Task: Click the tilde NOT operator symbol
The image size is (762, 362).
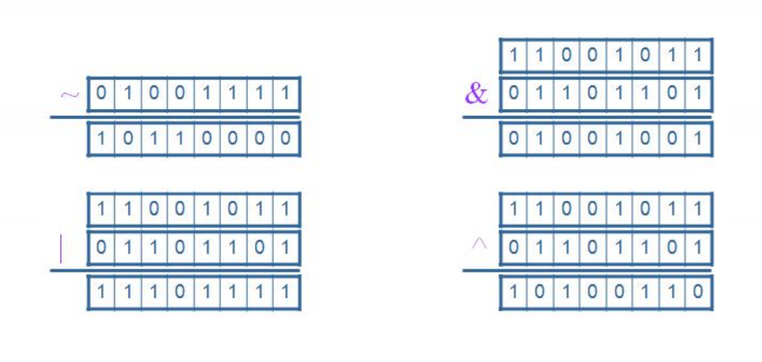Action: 69,94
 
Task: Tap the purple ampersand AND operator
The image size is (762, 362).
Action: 476,93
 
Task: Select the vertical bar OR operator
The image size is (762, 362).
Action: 61,248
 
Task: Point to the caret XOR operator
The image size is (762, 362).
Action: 479,244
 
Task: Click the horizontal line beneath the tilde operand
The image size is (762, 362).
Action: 175,117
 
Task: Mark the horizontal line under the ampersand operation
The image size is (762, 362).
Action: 587,117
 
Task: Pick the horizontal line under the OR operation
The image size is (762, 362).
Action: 175,270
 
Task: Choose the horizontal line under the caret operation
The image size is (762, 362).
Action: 587,270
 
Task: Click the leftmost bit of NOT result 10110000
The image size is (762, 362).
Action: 101,139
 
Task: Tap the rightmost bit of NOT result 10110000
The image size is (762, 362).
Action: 286,139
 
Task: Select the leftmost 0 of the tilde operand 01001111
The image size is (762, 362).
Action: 101,93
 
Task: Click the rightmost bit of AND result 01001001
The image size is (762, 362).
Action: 698,139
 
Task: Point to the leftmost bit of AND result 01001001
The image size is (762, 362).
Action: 513,139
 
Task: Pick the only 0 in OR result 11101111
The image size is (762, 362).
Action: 180,292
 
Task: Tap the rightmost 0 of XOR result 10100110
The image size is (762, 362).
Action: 698,292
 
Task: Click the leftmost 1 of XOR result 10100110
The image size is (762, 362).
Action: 513,292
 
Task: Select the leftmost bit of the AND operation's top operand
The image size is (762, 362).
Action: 513,56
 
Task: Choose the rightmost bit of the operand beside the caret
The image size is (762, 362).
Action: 698,248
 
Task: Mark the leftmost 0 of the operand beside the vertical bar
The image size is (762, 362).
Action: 101,248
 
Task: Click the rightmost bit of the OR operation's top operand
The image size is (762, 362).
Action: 286,209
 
